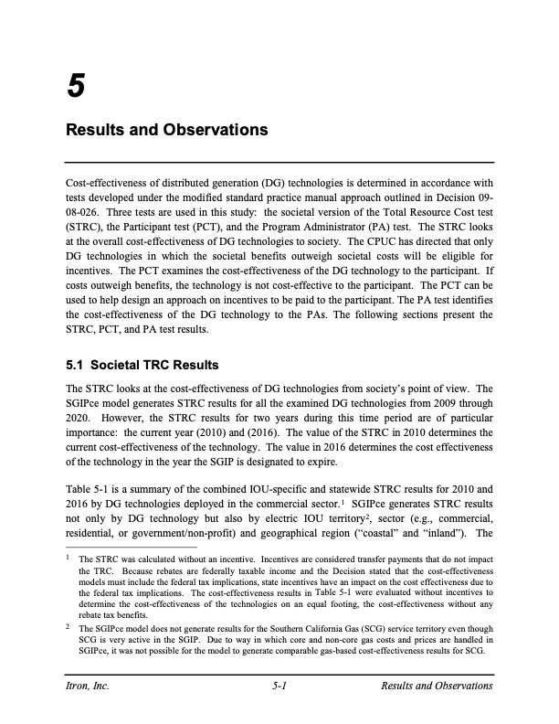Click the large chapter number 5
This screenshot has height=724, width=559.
(x=77, y=87)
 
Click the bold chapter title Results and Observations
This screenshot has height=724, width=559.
(x=167, y=130)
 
